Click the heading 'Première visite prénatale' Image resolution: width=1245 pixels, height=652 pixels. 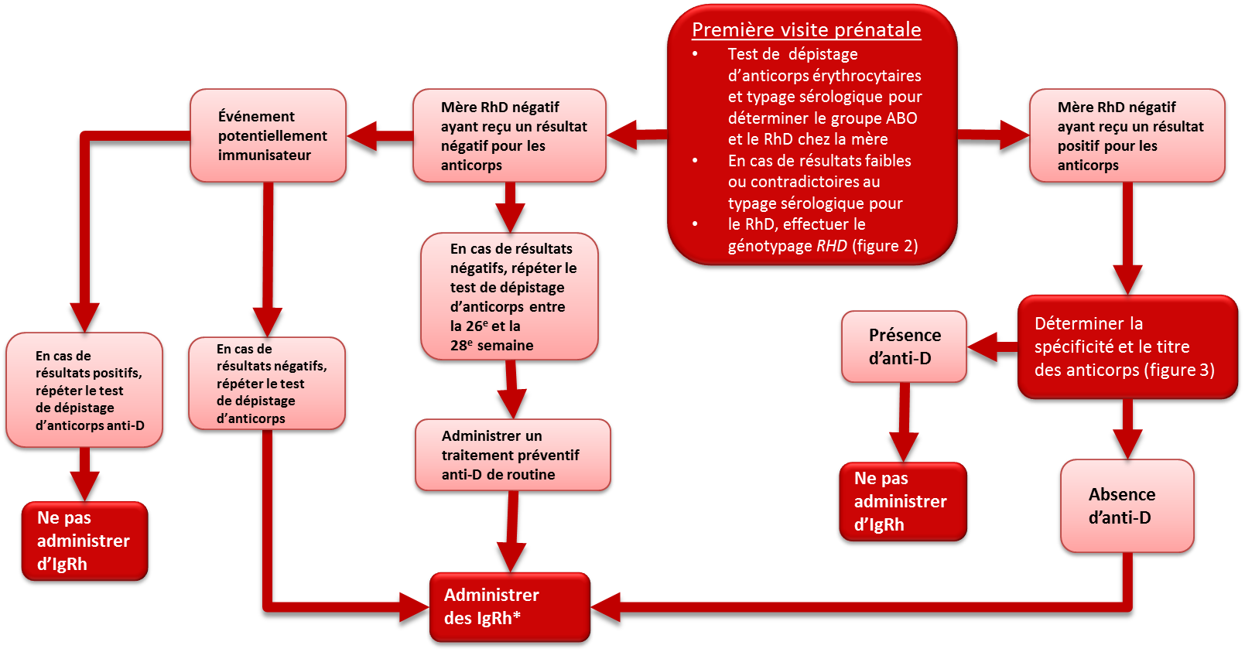[806, 30]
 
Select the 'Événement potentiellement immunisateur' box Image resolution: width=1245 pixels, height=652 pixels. [268, 135]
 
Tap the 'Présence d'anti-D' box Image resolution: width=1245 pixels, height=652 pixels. [905, 346]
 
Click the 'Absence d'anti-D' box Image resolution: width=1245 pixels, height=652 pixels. [1127, 506]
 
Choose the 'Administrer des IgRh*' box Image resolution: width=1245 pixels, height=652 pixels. [510, 607]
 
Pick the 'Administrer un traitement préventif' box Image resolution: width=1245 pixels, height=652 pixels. [513, 455]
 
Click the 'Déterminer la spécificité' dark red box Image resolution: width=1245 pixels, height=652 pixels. [1127, 347]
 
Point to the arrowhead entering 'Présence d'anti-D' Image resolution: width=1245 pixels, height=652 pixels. [983, 347]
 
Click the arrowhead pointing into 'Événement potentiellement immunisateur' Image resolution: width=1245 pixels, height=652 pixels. [362, 135]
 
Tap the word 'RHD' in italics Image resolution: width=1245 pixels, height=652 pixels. [832, 245]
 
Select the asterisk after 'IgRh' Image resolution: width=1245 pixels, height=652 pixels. [516, 616]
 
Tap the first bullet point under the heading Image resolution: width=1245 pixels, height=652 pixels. [695, 54]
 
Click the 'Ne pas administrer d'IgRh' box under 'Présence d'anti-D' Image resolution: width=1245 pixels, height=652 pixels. [903, 501]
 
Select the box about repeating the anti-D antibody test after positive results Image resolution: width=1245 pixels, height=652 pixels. [84, 390]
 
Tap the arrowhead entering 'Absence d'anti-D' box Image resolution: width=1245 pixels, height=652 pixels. [1127, 444]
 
